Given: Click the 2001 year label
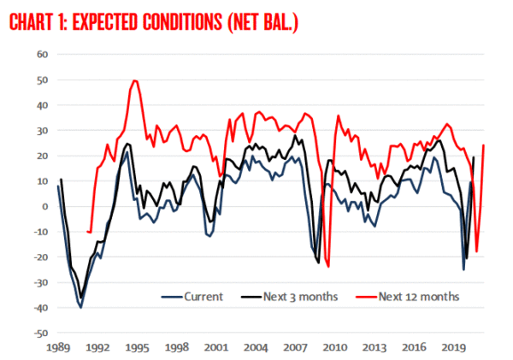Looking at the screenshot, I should [216, 348].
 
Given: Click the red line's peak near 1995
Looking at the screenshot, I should [135, 80].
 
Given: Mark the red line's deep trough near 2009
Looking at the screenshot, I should [328, 267].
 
